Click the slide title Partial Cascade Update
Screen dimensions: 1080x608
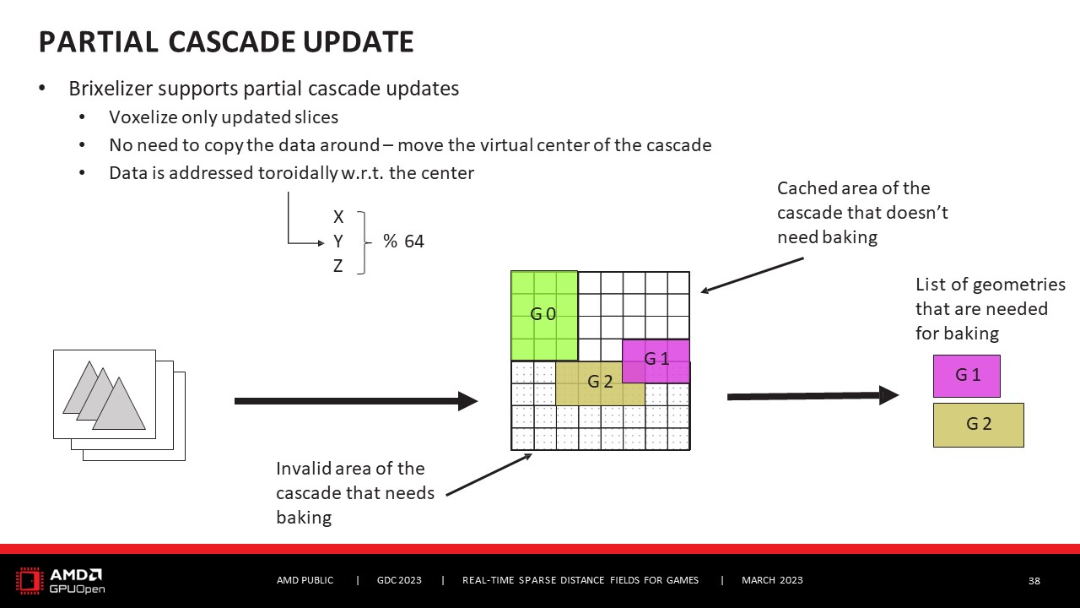[x=226, y=41]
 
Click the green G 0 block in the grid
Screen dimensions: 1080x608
[x=544, y=315]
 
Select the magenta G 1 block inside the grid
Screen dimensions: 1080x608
[x=656, y=359]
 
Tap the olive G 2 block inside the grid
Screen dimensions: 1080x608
[x=600, y=382]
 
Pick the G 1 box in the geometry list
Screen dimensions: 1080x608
[x=966, y=376]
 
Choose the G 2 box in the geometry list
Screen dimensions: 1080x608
[x=978, y=425]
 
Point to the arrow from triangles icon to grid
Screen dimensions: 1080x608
[x=355, y=401]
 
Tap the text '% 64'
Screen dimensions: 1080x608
[x=403, y=242]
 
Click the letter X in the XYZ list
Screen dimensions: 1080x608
[x=338, y=218]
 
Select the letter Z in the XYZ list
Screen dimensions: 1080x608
[x=338, y=266]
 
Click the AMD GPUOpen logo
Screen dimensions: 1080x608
[x=61, y=580]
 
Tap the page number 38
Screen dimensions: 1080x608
[x=1034, y=581]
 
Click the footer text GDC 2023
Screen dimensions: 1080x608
[x=399, y=580]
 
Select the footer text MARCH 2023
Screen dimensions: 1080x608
[x=772, y=580]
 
